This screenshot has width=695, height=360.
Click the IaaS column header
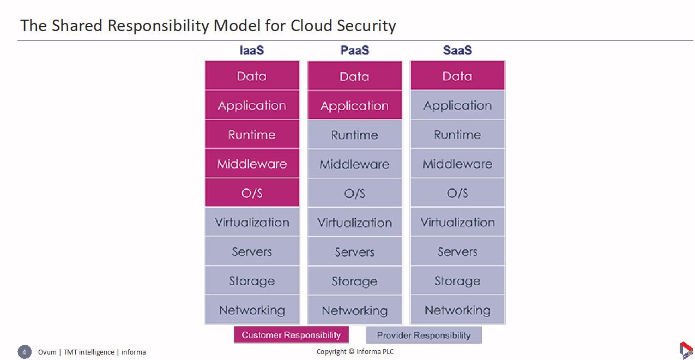252,50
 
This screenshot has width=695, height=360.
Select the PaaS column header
355,50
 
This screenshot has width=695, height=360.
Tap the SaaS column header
458,50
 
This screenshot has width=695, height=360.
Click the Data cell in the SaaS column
458,75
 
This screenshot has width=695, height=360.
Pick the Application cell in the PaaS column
355,105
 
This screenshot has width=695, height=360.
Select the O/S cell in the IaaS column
252,193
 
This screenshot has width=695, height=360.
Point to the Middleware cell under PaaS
355,164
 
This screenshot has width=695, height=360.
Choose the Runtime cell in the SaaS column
458,134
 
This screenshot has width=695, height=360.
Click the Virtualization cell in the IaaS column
252,222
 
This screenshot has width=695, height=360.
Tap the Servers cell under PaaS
355,251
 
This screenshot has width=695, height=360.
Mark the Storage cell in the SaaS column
458,280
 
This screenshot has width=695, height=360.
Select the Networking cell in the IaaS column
252,310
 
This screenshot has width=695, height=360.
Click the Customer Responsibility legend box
291,334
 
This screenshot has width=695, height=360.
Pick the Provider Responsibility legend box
424,335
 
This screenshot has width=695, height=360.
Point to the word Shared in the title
77,26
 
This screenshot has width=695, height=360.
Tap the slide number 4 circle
25,352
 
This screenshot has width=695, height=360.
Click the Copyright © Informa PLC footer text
355,352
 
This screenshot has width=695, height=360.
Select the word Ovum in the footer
47,352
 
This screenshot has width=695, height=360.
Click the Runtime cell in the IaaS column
252,134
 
